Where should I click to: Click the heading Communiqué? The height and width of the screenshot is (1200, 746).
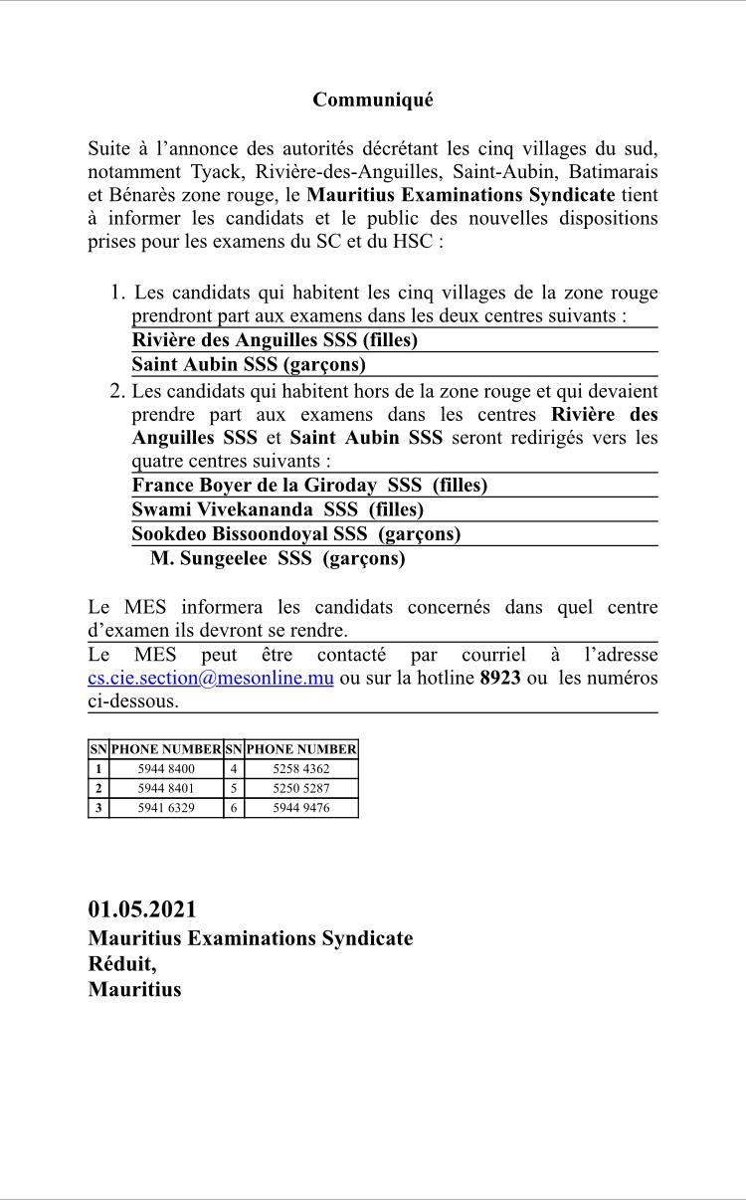pyautogui.click(x=373, y=100)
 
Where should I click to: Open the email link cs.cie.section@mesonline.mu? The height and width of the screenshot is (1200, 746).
pyautogui.click(x=210, y=678)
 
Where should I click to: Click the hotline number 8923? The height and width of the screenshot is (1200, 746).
pyautogui.click(x=500, y=678)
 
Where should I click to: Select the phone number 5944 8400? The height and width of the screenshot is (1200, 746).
pyautogui.click(x=166, y=769)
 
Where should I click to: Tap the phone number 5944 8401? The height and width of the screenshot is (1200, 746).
pyautogui.click(x=166, y=788)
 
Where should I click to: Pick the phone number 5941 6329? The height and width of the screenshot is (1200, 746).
pyautogui.click(x=166, y=808)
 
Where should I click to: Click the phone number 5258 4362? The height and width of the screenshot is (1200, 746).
pyautogui.click(x=300, y=769)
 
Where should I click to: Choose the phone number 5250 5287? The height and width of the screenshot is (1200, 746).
pyautogui.click(x=300, y=788)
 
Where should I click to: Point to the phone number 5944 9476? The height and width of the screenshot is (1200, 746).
pyautogui.click(x=300, y=808)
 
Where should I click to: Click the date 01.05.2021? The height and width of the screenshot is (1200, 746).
pyautogui.click(x=142, y=909)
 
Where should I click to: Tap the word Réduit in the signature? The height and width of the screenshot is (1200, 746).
pyautogui.click(x=122, y=963)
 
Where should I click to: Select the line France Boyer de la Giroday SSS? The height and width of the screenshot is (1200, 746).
pyautogui.click(x=309, y=486)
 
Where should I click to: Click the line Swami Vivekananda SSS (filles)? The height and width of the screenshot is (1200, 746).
pyautogui.click(x=278, y=509)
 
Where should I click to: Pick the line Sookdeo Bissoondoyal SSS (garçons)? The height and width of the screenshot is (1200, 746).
pyautogui.click(x=296, y=533)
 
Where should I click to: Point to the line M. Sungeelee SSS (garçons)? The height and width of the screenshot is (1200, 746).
pyautogui.click(x=278, y=558)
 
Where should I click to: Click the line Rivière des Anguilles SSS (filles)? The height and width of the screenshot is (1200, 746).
pyautogui.click(x=275, y=340)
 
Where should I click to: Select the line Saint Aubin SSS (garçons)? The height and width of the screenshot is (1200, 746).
pyautogui.click(x=249, y=364)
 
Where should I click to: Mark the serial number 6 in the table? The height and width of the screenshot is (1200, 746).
pyautogui.click(x=233, y=808)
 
